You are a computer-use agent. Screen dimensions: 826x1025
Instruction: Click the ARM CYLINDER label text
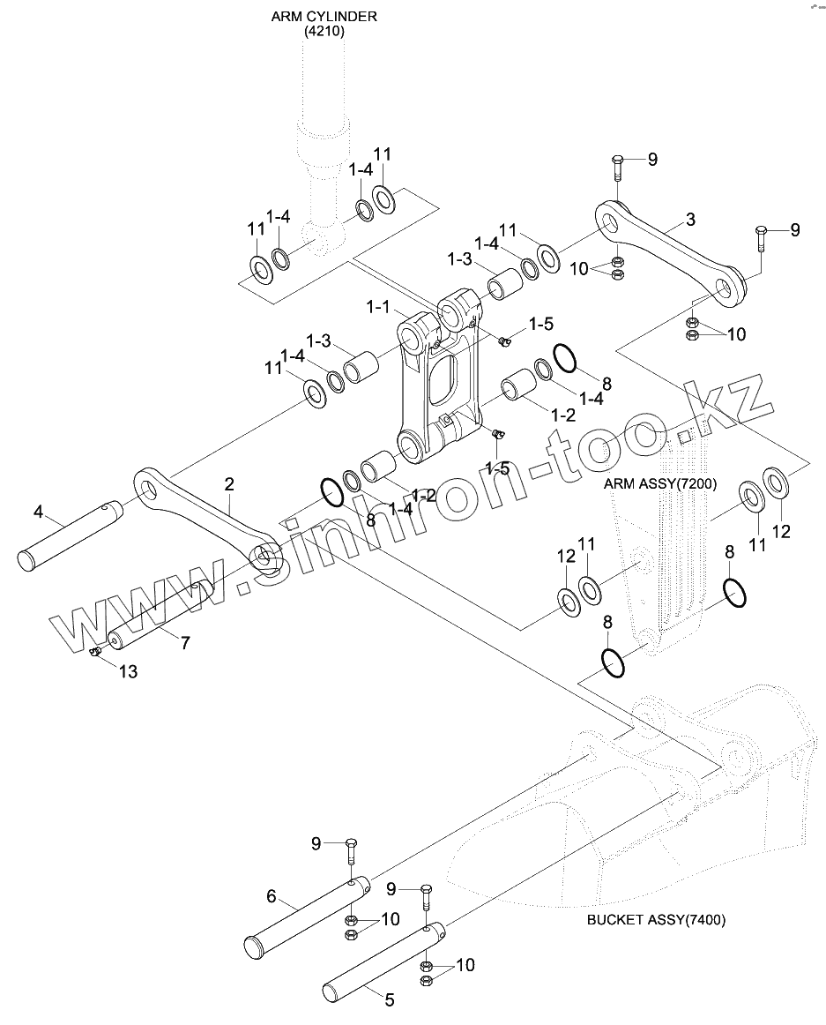324,17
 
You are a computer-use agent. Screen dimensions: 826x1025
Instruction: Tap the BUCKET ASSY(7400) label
656,920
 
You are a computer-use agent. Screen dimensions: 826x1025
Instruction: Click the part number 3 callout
691,220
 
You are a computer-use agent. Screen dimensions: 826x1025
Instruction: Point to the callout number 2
228,484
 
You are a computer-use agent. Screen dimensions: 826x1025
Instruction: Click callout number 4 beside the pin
38,512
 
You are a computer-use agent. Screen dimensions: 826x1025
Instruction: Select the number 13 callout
128,671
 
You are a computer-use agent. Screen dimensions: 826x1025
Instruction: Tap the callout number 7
186,642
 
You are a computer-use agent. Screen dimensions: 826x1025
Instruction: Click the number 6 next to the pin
272,896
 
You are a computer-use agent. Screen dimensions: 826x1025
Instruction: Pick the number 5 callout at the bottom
390,999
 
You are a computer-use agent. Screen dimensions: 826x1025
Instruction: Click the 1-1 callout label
377,306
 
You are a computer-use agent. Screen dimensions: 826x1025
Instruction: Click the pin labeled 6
307,914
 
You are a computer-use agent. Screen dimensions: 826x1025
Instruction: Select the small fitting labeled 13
95,651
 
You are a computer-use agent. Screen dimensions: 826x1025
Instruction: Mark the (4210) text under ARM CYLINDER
324,32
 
